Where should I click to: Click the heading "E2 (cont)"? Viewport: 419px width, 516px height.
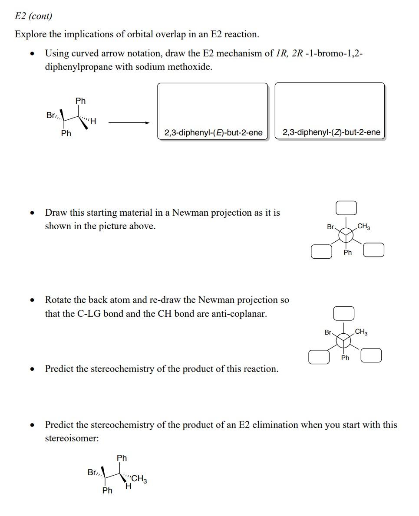(33, 16)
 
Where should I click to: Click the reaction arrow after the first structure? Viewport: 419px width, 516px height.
(129, 123)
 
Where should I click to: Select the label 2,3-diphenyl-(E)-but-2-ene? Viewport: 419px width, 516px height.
(213, 132)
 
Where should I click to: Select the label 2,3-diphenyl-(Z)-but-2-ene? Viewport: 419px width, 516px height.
(331, 132)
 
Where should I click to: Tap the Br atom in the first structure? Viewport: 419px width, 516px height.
(51, 115)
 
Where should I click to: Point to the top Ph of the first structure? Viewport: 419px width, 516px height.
(80, 101)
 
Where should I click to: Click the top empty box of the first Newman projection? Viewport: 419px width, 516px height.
(346, 208)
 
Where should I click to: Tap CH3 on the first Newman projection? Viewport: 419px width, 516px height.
(364, 227)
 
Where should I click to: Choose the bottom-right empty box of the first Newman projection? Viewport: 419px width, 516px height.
(373, 250)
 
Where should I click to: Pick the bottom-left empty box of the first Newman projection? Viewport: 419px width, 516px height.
(321, 252)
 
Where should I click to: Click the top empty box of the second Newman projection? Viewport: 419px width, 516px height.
(343, 312)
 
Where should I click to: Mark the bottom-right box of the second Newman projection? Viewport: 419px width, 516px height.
(371, 355)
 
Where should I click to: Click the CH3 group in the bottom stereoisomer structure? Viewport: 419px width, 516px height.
(139, 479)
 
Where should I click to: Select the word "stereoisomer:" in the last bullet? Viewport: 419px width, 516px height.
(72, 438)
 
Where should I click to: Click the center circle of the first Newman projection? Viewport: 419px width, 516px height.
(346, 235)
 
